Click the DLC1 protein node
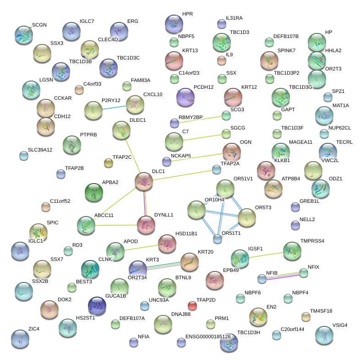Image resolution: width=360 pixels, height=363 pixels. (x=144, y=182)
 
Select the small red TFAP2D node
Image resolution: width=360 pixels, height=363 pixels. (x=192, y=305)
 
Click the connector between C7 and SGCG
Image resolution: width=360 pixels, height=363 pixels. (x=200, y=137)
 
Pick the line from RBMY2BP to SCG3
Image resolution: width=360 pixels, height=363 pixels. (x=200, y=119)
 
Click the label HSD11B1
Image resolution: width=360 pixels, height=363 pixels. (x=186, y=233)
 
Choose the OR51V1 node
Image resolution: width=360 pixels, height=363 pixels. (x=225, y=188)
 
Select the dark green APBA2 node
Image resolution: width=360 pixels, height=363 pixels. (x=94, y=192)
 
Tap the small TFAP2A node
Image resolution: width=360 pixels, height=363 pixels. (x=217, y=170)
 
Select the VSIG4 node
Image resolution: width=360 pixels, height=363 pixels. (x=325, y=335)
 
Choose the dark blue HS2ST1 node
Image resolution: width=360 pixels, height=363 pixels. (x=97, y=305)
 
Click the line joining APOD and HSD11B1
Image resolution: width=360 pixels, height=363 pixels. (x=142, y=247)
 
